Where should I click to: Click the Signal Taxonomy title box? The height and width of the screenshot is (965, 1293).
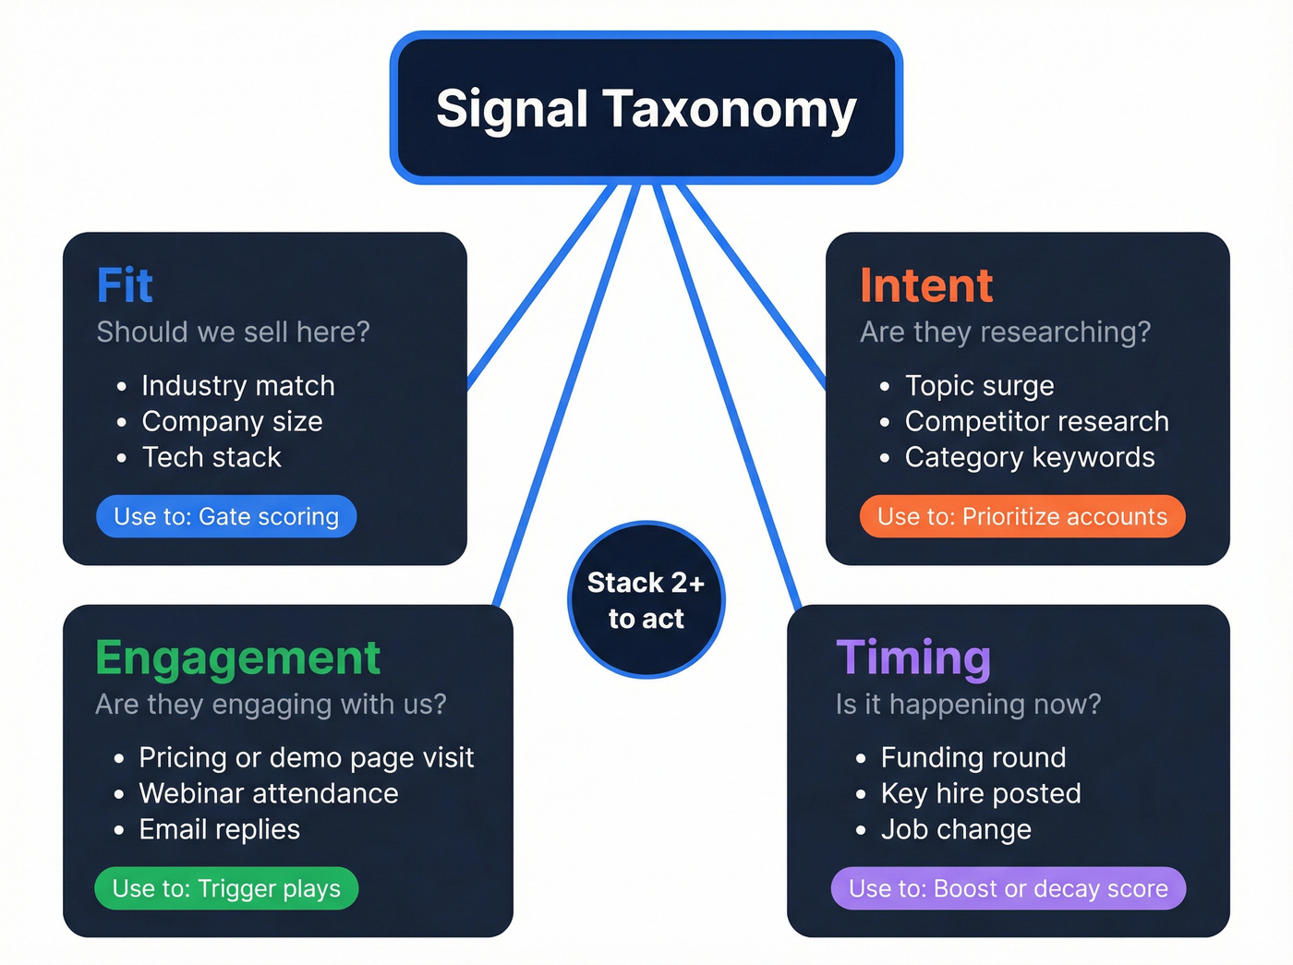pos(646,108)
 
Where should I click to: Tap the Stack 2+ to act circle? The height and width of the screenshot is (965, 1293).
pos(646,600)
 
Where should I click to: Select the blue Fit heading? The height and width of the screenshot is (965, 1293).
pos(125,285)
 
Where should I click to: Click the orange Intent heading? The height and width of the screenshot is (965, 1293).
pos(926,285)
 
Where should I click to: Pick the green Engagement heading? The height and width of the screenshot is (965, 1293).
pos(237,657)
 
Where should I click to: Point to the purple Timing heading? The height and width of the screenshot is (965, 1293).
pos(913,657)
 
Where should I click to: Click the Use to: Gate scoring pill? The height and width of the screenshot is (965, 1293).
pos(226,516)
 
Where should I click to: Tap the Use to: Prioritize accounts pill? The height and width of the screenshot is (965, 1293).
pos(1021,516)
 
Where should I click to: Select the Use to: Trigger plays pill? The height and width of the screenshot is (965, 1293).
pos(226,888)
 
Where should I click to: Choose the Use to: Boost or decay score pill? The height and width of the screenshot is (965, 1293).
pos(1008,888)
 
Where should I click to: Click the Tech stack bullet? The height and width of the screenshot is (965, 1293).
pos(211,457)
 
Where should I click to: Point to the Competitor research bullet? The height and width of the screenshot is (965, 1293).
pos(1036,421)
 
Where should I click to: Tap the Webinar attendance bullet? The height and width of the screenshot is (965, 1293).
pos(268,793)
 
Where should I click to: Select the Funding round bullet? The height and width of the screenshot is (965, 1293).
pos(973,757)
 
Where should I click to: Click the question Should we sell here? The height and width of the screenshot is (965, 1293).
pos(233,332)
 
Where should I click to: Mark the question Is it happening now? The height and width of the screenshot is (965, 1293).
pos(968,704)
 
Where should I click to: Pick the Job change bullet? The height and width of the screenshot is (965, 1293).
pos(955,829)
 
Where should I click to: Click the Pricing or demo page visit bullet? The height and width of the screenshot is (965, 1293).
pos(306,757)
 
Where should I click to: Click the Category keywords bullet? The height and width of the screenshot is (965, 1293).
pos(1029,457)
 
